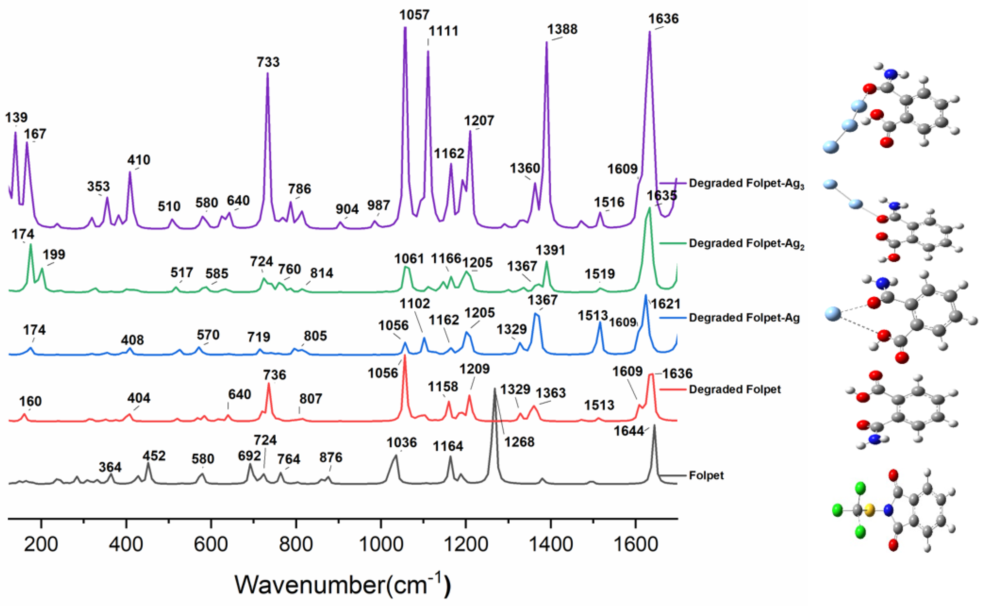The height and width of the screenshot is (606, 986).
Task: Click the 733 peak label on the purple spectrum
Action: pos(268,62)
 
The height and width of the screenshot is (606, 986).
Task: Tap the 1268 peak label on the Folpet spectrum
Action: pos(520,442)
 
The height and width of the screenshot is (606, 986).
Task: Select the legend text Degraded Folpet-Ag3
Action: pos(746,183)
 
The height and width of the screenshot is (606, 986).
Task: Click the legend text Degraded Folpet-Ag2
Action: pos(746,244)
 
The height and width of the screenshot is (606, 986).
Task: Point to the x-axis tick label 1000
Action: pos(381,545)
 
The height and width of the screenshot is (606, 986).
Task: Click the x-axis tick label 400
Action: pos(126,545)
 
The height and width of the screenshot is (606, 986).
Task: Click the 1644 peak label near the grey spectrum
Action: pos(629,431)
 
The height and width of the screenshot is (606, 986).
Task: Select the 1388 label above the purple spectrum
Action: pos(562,29)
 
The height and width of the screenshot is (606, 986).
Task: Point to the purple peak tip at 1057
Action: pos(405,28)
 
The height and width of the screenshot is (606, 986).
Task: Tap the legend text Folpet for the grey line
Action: pos(706,476)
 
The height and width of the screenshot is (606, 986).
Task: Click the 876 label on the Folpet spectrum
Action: pos(331,457)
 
